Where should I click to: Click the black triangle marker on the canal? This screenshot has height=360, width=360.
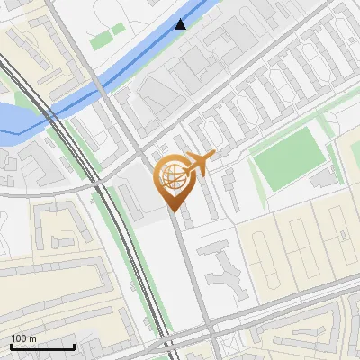click(181, 24)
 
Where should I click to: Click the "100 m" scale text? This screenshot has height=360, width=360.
click(24, 337)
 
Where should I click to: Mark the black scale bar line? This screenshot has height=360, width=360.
click(42, 346)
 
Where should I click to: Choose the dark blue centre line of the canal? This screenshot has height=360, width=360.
click(135, 63)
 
